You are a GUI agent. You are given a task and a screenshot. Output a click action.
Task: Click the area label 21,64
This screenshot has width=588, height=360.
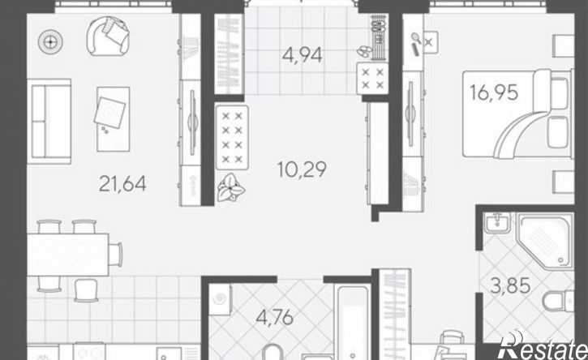[122, 184]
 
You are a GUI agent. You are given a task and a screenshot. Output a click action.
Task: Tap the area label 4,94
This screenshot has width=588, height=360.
[303, 55]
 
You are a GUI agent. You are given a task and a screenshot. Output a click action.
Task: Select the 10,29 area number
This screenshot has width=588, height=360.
[302, 169]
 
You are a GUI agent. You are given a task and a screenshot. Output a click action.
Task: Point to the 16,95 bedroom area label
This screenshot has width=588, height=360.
[494, 92]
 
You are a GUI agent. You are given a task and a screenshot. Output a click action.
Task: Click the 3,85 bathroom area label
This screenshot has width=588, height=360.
[511, 285]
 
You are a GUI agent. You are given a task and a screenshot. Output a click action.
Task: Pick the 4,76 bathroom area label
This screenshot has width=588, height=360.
[274, 318]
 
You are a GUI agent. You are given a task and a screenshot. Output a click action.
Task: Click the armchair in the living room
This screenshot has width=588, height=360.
[109, 36]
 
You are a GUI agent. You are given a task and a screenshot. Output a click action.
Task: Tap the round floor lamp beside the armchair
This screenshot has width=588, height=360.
[50, 41]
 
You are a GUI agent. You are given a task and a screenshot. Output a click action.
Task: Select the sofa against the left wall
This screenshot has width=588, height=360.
[49, 121]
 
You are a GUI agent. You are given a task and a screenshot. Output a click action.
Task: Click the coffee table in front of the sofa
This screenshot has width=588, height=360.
[114, 119]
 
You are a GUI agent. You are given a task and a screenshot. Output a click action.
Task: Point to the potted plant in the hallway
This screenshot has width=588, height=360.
[230, 187]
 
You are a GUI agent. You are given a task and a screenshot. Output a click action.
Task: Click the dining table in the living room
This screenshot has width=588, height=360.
[68, 255]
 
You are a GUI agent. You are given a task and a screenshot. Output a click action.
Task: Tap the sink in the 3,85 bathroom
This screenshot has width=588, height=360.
[497, 222]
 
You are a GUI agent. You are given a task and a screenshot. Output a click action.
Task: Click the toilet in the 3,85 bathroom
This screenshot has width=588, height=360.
[559, 301]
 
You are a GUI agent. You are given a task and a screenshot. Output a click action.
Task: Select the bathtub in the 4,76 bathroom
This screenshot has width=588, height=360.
[352, 323]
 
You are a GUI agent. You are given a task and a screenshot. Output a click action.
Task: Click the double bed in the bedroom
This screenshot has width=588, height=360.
[517, 114]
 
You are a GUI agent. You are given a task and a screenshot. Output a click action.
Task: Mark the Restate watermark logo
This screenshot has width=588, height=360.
[543, 345]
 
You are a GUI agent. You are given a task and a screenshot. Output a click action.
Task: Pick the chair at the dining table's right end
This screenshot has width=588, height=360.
[115, 255]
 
